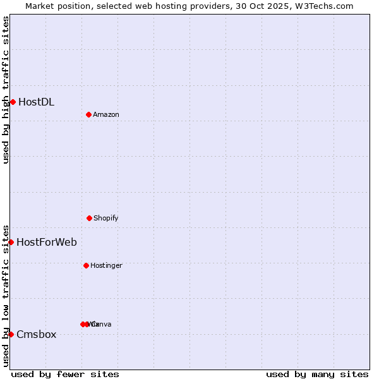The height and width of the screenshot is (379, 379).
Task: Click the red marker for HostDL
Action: click(13, 102)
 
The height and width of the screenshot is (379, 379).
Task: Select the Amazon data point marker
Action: click(88, 114)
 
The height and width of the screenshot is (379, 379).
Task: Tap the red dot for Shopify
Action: click(89, 218)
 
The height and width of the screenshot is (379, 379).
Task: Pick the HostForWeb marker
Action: click(11, 242)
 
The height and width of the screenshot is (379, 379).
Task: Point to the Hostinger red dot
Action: click(86, 265)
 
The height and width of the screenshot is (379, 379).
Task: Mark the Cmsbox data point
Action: click(11, 334)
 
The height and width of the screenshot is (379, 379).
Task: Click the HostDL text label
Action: click(36, 102)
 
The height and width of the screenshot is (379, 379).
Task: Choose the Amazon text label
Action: click(106, 114)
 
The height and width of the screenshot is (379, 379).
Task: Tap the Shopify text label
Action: click(106, 218)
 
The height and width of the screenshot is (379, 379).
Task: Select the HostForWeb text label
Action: click(47, 242)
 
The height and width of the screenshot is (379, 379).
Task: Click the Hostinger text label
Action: click(106, 265)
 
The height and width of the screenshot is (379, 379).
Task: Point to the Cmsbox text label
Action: click(37, 334)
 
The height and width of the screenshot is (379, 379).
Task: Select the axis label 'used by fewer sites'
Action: click(65, 374)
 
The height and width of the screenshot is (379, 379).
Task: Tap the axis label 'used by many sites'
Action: click(317, 374)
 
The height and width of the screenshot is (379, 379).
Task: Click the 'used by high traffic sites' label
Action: click(6, 90)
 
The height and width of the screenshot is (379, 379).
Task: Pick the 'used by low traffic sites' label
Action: click(6, 295)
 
